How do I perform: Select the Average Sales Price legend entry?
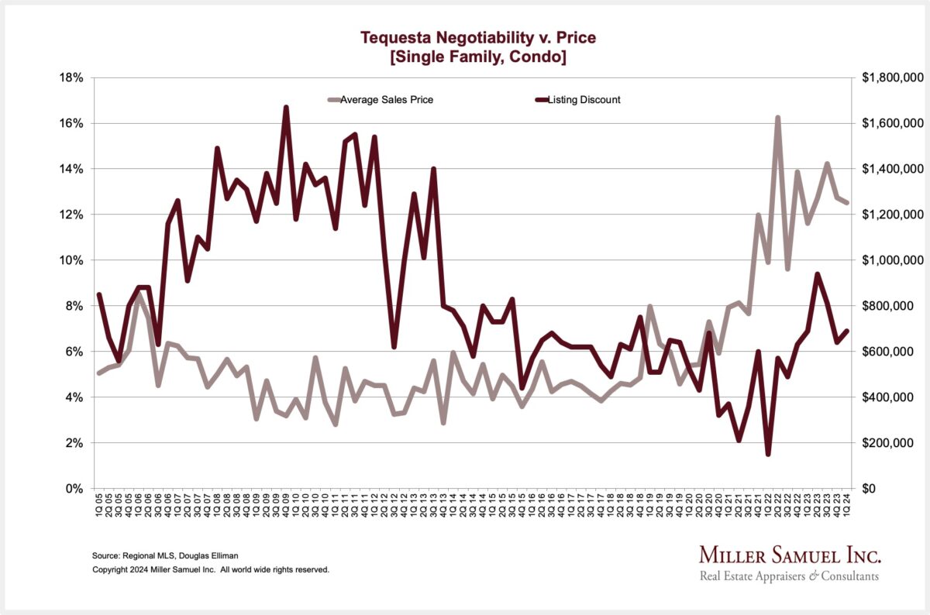pos(381,99)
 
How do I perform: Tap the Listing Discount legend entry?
pos(584,99)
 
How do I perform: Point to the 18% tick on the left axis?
pos(74,77)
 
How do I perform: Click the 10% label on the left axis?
pos(74,260)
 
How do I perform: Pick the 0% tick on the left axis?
pos(77,489)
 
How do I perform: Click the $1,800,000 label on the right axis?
pos(891,77)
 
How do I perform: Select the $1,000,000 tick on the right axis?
pos(891,260)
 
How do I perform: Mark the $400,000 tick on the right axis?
pos(888,397)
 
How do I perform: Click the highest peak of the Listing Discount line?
pos(286,108)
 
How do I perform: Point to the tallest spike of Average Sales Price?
pos(777,118)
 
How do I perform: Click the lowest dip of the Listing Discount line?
pos(768,454)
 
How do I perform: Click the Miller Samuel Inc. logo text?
pos(790,555)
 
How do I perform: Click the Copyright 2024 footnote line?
pos(211,569)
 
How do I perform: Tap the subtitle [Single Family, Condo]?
pos(478,56)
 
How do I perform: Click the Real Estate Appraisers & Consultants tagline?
pos(789,576)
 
